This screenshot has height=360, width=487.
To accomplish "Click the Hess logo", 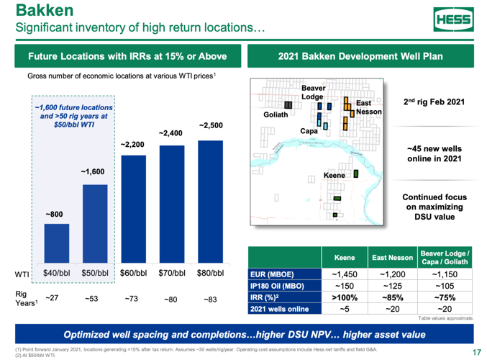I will (x=452, y=19).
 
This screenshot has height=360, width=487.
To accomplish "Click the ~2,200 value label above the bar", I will (x=134, y=145).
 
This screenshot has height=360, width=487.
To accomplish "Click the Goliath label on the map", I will (x=276, y=114).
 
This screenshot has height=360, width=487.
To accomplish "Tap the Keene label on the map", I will (x=334, y=175).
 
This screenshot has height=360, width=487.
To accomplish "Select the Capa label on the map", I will (x=309, y=132).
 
